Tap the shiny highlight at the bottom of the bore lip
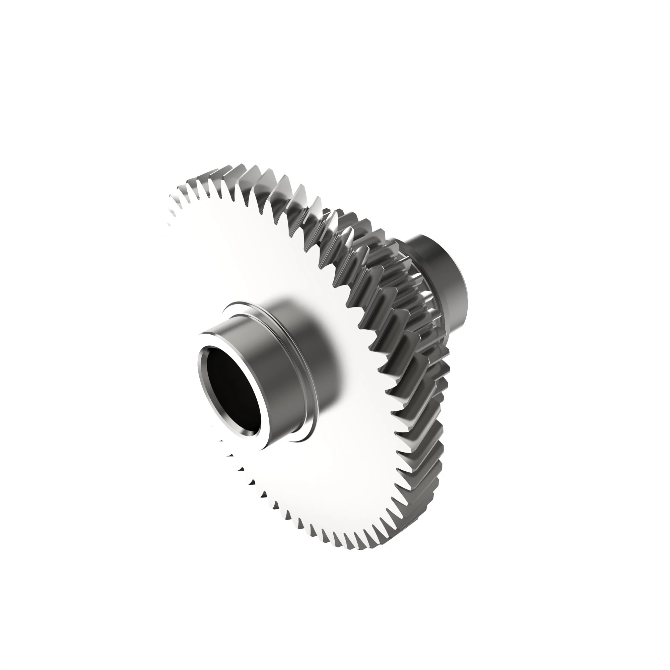click(x=243, y=433)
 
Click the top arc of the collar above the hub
click(x=250, y=304)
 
